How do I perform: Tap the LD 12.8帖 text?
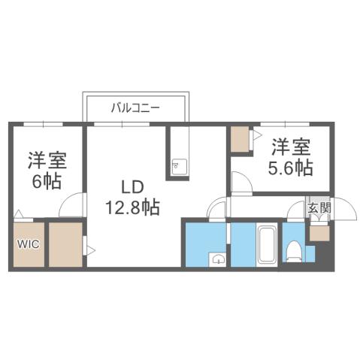pos(131,197)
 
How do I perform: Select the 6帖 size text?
pos(46,180)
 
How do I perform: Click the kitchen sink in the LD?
pos(179,166)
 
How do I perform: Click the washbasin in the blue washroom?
pos(217,259)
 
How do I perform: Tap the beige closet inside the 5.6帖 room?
pos(241,141)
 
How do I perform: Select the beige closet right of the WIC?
pos(65,244)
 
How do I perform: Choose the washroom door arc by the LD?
pos(216,209)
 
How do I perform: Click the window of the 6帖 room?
pos(44,123)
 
